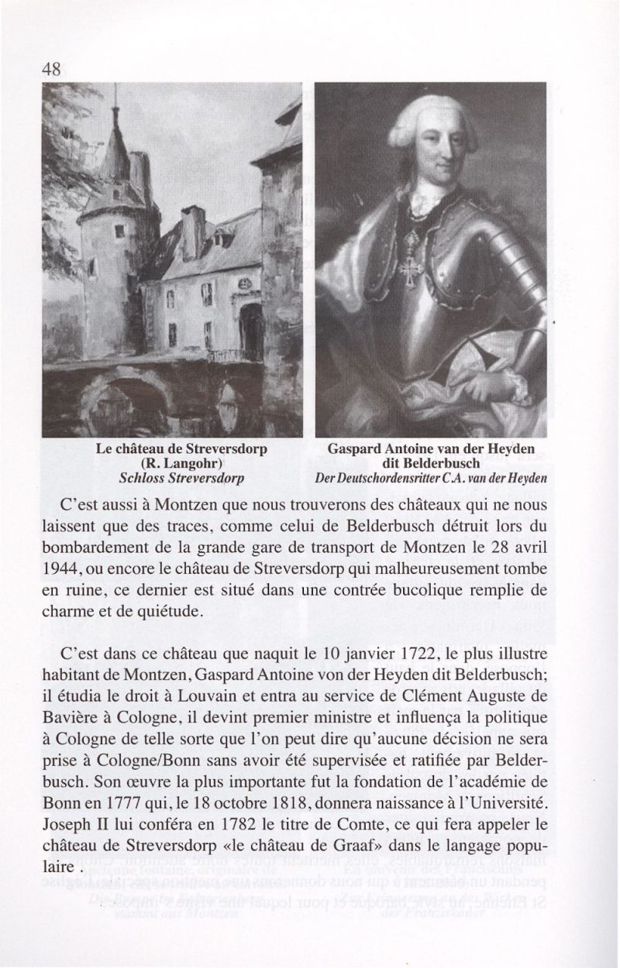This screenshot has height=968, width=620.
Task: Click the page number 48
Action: pos(51,68)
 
